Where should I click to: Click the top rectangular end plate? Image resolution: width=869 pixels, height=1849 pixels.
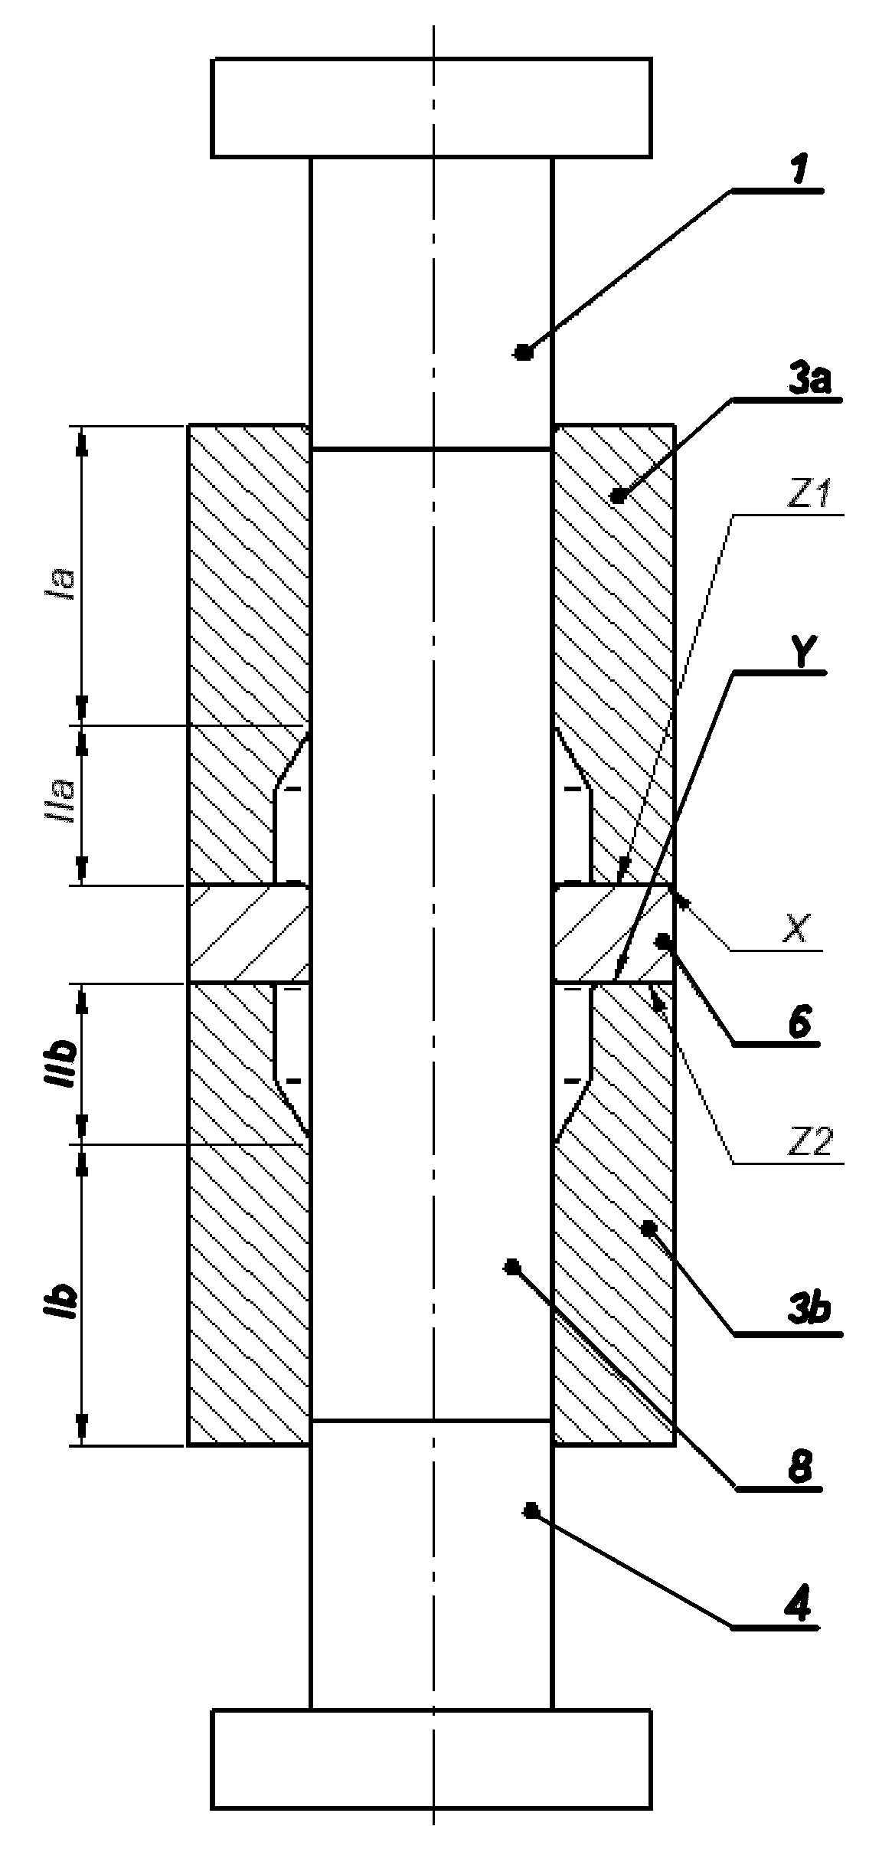[432, 108]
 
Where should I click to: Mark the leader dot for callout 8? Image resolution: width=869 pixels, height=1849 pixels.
[511, 1266]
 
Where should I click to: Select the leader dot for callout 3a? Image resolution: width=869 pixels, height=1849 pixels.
[619, 496]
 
